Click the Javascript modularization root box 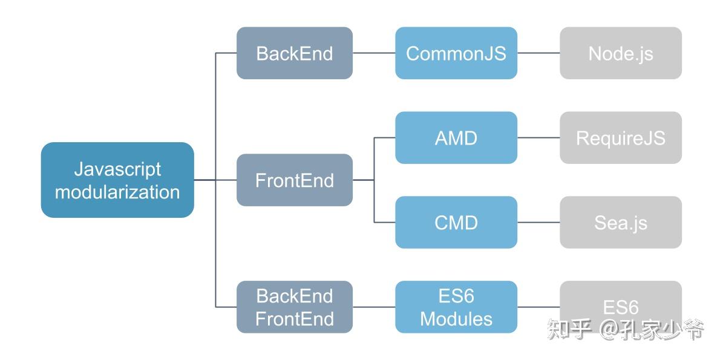click(117, 180)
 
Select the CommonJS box click(456, 53)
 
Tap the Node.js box click(621, 53)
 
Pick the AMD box click(456, 138)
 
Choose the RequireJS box click(621, 138)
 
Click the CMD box click(456, 223)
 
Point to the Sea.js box click(621, 223)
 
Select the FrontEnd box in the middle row click(295, 180)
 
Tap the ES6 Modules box click(456, 307)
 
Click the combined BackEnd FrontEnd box click(295, 307)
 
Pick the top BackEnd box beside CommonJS click(295, 53)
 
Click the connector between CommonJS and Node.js click(538, 53)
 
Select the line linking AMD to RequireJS click(538, 138)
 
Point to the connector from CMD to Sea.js click(538, 223)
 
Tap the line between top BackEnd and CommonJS click(374, 53)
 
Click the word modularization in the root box click(117, 192)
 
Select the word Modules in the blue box click(456, 318)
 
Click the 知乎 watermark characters click(569, 329)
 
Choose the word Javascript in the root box click(117, 169)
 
